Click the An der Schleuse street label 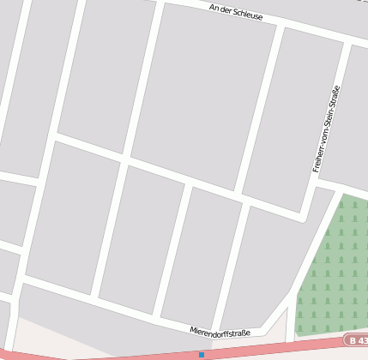[x=236, y=11]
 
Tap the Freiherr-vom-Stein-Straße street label [x=327, y=129]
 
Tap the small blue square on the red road [x=202, y=354]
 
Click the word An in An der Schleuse [x=214, y=6]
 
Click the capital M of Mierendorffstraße [x=192, y=329]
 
